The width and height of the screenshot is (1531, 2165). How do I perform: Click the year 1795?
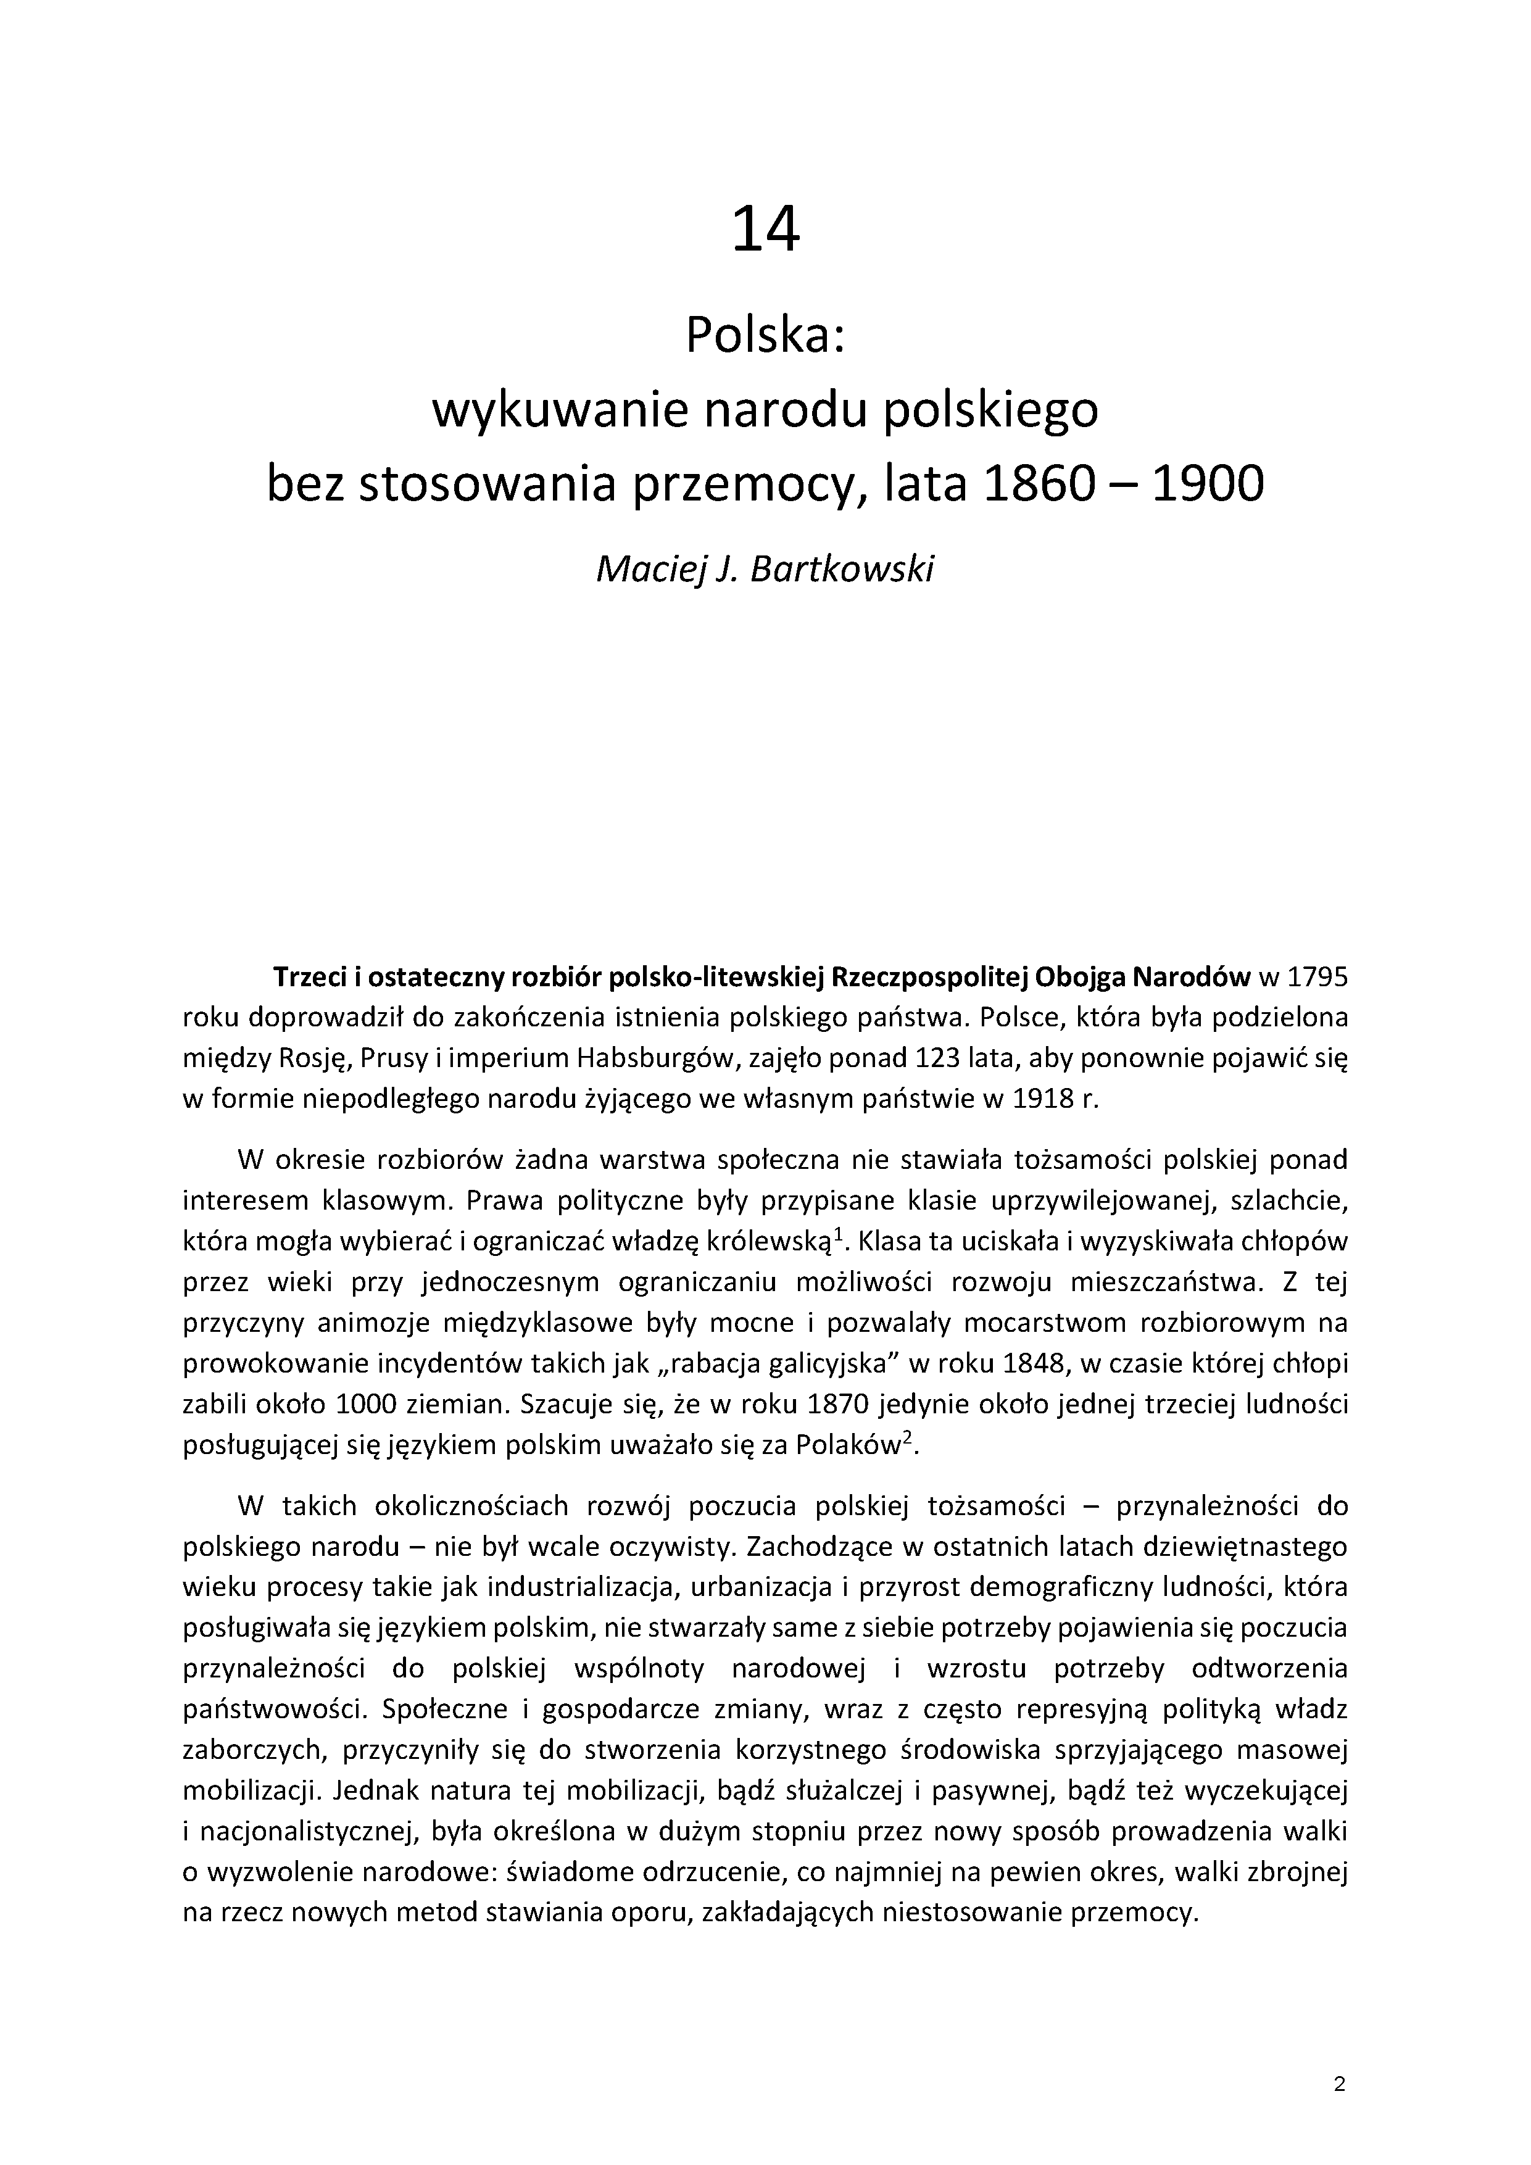pos(1317,977)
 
